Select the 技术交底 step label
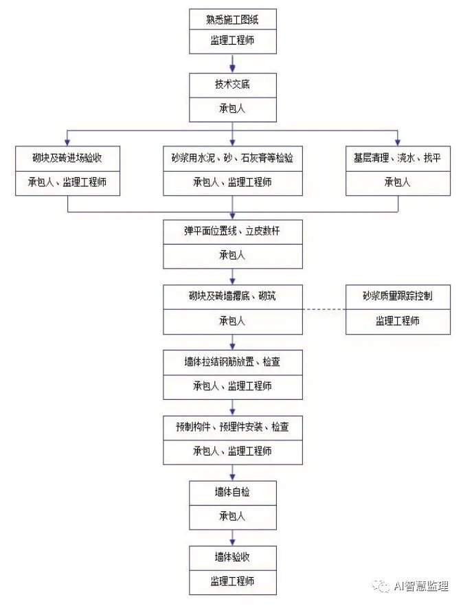pyautogui.click(x=233, y=85)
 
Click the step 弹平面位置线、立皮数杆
pyautogui.click(x=232, y=232)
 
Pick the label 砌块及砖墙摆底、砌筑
pyautogui.click(x=232, y=297)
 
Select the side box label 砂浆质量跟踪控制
pyautogui.click(x=398, y=297)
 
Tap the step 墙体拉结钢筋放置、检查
pyautogui.click(x=232, y=362)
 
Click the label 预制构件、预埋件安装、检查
pyautogui.click(x=232, y=427)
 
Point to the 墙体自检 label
pyautogui.click(x=233, y=493)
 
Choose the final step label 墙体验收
pyautogui.click(x=233, y=557)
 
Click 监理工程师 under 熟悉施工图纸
pyautogui.click(x=233, y=41)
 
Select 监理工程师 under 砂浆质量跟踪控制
pyautogui.click(x=398, y=321)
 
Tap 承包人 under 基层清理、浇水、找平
pyautogui.click(x=398, y=182)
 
